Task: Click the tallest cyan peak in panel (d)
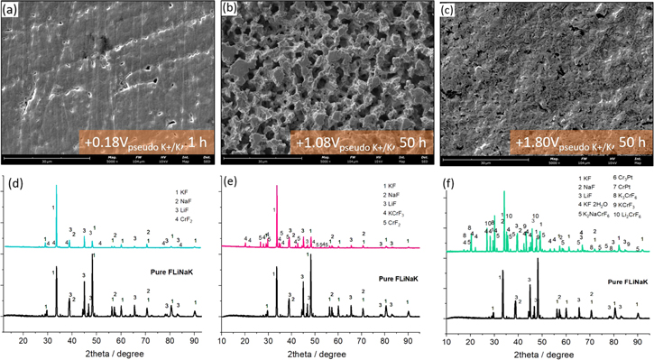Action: point(56,187)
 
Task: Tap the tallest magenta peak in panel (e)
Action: point(276,187)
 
